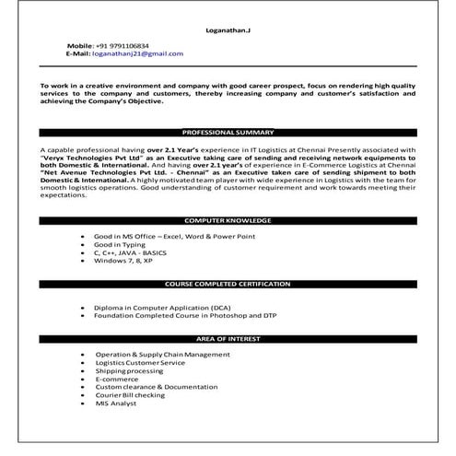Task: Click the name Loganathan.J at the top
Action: pos(227,31)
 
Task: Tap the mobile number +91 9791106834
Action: pos(128,45)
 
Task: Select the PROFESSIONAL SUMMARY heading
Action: pos(228,133)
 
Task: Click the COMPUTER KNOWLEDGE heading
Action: pos(228,222)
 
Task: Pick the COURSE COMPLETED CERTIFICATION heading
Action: pos(228,284)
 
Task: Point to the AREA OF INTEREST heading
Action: pos(228,339)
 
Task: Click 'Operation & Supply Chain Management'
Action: pos(162,355)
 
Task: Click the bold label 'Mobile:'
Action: pos(80,45)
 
